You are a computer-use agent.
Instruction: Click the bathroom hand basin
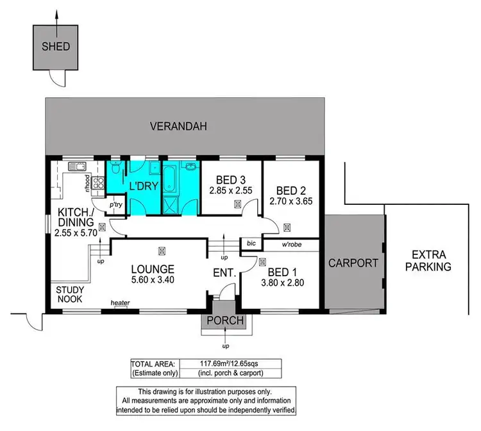tap(192, 168)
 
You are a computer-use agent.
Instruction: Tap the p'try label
tap(116, 205)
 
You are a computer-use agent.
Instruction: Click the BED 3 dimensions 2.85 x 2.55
tap(228, 190)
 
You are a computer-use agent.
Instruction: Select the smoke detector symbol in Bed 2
tap(287, 227)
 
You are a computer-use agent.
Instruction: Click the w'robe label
tap(292, 244)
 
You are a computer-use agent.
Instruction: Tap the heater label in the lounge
tap(120, 302)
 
